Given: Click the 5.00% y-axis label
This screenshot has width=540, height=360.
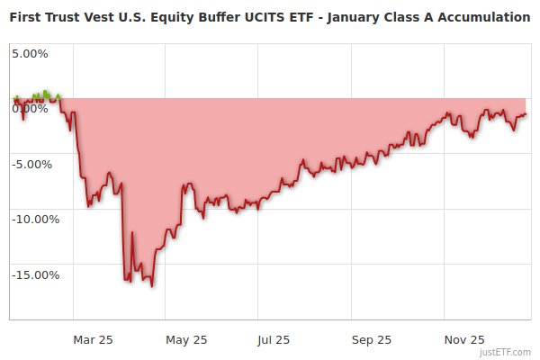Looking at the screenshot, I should coord(30,53).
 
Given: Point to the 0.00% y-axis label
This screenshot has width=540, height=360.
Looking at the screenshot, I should coord(30,109).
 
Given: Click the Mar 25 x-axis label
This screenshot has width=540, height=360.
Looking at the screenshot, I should coord(93,339).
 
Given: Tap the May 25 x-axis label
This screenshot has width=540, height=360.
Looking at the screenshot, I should coord(186,339).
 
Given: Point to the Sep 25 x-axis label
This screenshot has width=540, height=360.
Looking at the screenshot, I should coord(371,339).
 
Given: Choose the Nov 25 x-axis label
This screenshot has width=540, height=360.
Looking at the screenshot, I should coord(465,339).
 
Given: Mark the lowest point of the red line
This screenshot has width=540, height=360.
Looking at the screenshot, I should coord(152,286).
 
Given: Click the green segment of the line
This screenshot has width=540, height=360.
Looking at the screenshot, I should coord(44,94).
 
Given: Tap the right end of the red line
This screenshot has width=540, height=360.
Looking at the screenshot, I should coord(526,113).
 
